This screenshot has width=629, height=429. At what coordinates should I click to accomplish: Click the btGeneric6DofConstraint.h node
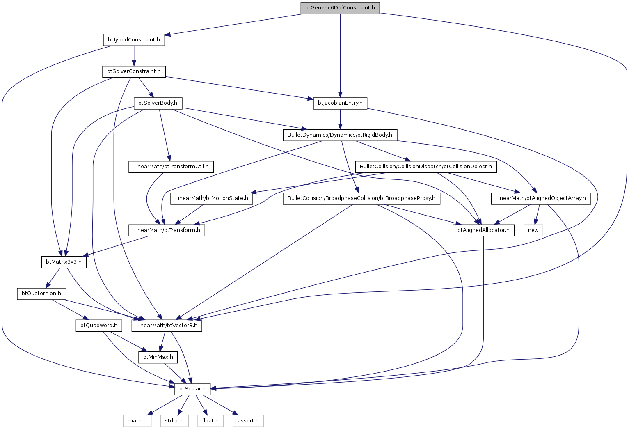point(340,8)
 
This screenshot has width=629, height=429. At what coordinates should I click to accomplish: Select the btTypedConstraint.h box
point(134,40)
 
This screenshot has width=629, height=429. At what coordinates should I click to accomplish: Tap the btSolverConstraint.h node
point(134,71)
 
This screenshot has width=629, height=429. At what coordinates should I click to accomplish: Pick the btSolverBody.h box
point(158,103)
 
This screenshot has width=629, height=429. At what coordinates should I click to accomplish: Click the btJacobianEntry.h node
point(340,103)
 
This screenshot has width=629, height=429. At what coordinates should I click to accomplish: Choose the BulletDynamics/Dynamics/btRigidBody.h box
point(340,135)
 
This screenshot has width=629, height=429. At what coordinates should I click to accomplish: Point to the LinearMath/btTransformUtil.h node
point(171,167)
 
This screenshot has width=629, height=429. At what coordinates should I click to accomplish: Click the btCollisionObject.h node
point(426,167)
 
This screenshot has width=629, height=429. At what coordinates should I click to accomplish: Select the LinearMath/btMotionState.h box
point(212,198)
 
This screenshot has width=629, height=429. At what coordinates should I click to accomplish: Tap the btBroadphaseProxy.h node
point(361,198)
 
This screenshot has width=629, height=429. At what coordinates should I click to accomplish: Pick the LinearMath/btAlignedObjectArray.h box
point(541,198)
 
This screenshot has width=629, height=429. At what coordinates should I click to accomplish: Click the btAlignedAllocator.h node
point(483,230)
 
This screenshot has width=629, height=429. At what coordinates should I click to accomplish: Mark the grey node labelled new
point(533,230)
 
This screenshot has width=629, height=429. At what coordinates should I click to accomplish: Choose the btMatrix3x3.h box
point(64,262)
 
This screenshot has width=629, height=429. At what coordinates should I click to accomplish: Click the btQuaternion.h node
point(41,294)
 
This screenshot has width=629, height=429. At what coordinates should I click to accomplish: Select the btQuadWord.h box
point(99,326)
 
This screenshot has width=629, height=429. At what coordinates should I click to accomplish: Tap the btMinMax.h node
point(158,357)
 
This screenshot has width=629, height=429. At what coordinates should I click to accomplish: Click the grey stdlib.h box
point(174,421)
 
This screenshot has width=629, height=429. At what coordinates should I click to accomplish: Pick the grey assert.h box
point(248,421)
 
